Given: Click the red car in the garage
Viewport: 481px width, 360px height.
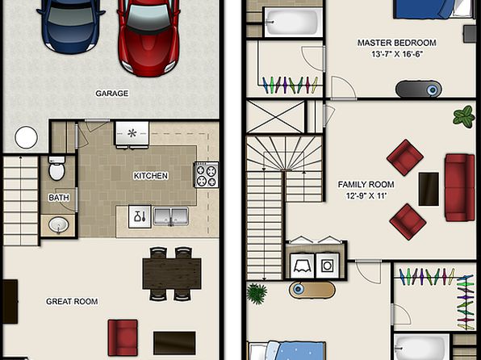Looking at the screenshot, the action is [149, 37].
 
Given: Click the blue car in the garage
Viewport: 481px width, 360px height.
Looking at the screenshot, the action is [71, 24].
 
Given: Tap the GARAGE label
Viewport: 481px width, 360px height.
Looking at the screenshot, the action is [111, 94].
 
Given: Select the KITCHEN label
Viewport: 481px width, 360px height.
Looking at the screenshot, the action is [151, 176].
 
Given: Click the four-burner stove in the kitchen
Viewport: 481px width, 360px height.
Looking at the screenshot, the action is [207, 174].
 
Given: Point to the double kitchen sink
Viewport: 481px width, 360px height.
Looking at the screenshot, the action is [171, 216].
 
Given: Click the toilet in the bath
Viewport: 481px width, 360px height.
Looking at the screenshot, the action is [56, 168].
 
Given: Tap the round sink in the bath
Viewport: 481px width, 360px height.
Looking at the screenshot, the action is [59, 225].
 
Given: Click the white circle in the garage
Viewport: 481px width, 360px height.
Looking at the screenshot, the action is [26, 137].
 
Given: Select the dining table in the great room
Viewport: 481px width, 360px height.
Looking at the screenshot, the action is [172, 274].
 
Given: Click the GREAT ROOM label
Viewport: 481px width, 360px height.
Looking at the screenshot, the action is [72, 301].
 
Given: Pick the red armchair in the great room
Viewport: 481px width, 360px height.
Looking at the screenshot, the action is [123, 337].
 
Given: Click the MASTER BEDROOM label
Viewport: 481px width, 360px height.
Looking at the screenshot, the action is [396, 43].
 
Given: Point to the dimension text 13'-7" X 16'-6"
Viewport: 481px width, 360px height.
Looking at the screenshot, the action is [397, 54].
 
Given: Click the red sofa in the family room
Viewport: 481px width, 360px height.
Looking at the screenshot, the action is [459, 187].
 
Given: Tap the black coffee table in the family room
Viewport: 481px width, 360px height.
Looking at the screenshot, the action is [429, 189].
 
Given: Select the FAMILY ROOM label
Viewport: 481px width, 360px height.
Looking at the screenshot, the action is [366, 185].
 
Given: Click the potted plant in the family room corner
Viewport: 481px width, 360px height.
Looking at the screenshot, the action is [464, 116].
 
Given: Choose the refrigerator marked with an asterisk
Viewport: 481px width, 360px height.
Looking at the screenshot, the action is [132, 133].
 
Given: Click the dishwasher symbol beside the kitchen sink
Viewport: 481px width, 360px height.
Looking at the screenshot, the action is [140, 216].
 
